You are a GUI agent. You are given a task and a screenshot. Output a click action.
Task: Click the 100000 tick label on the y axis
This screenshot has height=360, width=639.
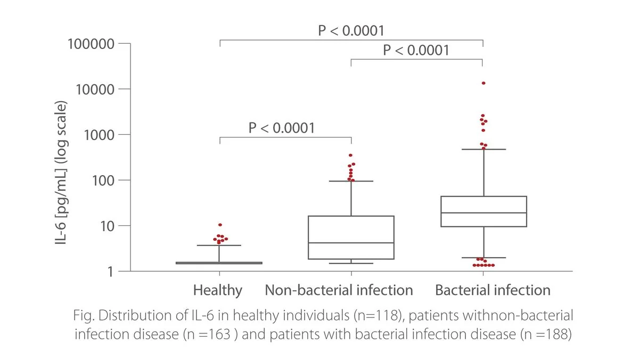(91, 44)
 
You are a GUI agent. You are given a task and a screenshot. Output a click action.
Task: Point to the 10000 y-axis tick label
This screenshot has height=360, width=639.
(95, 89)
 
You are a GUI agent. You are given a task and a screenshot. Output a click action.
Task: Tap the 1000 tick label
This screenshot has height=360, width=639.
(99, 135)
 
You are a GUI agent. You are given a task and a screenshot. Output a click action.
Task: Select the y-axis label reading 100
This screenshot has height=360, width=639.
(103, 181)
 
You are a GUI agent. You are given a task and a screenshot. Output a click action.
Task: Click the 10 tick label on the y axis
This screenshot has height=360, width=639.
(107, 226)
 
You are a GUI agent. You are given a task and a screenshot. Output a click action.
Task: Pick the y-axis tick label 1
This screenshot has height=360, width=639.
(111, 272)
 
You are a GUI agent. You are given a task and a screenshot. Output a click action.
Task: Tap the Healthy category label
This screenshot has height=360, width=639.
(218, 291)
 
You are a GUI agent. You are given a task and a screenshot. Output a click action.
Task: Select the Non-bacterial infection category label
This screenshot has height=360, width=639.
(339, 290)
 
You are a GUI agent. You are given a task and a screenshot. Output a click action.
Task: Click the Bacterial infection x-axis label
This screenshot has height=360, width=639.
(493, 290)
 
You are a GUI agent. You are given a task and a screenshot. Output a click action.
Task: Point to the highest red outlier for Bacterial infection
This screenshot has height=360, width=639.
(484, 83)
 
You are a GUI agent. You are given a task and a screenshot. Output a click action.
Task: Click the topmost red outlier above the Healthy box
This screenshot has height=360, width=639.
(220, 225)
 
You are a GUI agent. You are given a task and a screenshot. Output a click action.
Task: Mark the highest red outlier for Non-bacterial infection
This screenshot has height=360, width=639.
(350, 155)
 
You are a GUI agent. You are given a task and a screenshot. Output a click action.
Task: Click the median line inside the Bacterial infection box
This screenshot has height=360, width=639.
(484, 213)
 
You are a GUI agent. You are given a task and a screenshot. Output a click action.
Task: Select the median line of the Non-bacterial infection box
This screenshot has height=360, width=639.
(351, 243)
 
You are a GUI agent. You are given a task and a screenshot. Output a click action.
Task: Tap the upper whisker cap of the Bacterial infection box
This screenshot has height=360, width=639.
(484, 149)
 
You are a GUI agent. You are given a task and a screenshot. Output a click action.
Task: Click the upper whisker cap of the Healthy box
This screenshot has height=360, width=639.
(219, 246)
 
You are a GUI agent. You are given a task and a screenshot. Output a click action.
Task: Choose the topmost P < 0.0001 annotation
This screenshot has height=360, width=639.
(351, 30)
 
